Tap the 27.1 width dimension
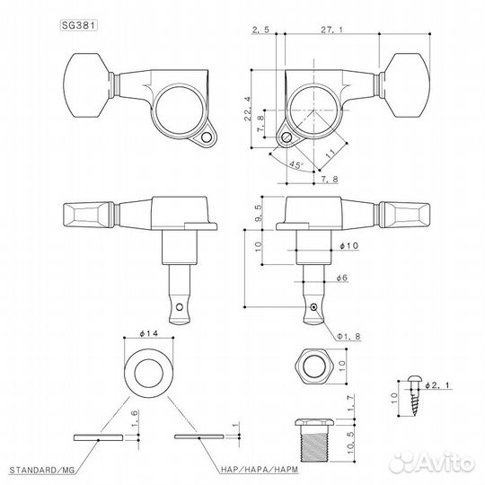[x=329, y=30]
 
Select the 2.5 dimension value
[x=261, y=30]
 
